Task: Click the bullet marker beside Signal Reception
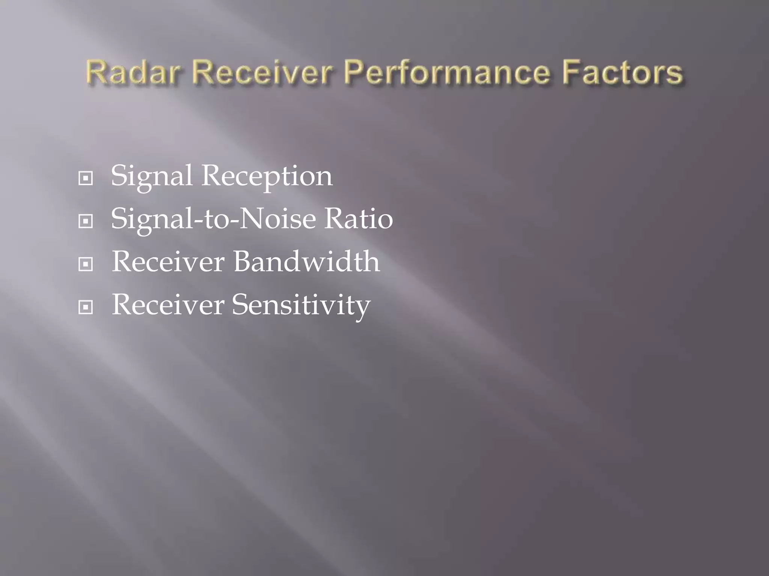tap(86, 178)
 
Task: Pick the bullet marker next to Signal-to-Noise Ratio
tap(86, 221)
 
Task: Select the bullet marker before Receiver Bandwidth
tap(86, 264)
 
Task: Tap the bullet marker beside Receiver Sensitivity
tap(86, 307)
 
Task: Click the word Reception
tap(267, 176)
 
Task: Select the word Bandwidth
tap(306, 261)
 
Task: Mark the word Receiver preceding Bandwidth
tap(168, 261)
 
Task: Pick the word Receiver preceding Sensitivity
tap(168, 304)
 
